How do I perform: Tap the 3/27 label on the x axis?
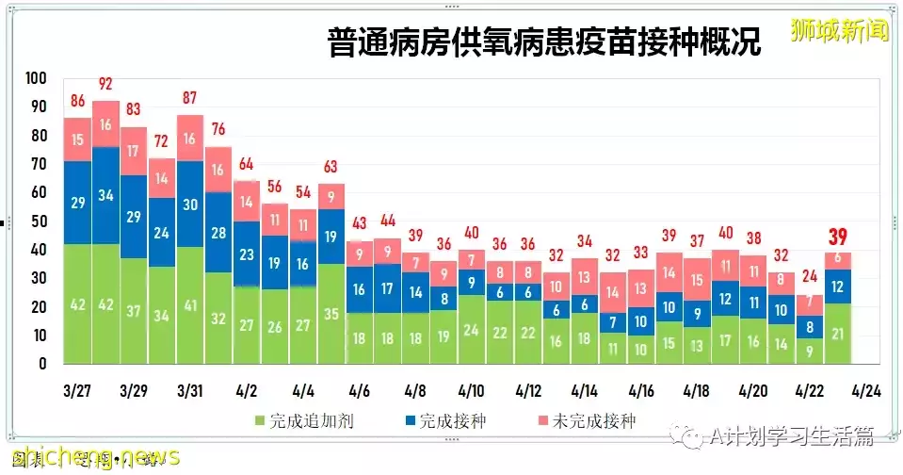tap(77, 390)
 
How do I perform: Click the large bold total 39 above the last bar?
tap(837, 236)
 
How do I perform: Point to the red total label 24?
tap(809, 277)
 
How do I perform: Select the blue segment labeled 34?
tap(105, 195)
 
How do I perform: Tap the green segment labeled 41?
tap(190, 305)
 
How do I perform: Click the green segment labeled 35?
tap(331, 314)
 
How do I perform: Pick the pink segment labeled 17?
tap(134, 151)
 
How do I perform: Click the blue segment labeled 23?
tap(247, 254)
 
